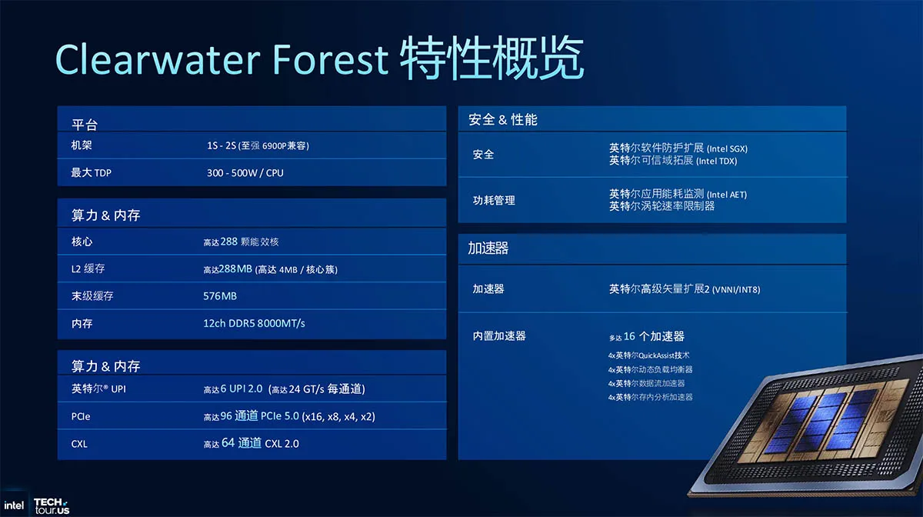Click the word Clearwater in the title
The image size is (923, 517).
[158, 59]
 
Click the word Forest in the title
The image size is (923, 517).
[330, 59]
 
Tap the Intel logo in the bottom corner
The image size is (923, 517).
[14, 505]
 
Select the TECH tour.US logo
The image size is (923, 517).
[52, 506]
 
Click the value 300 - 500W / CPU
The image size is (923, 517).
[245, 173]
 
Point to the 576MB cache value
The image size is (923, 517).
[220, 296]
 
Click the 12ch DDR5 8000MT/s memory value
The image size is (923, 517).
[255, 323]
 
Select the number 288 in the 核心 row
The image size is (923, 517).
[228, 241]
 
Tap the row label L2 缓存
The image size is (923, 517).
[88, 269]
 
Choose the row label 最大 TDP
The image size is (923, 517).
[91, 173]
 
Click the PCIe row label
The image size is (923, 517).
[81, 416]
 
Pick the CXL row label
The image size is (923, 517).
[79, 444]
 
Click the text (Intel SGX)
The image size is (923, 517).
[728, 148]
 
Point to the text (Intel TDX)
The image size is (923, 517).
[717, 162]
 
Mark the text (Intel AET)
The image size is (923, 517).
[727, 195]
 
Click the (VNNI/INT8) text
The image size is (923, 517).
[736, 290]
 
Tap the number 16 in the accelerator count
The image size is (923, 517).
[629, 336]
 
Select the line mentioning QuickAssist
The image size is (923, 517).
[648, 355]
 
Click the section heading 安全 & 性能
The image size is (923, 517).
[503, 119]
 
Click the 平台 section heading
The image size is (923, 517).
[85, 125]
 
